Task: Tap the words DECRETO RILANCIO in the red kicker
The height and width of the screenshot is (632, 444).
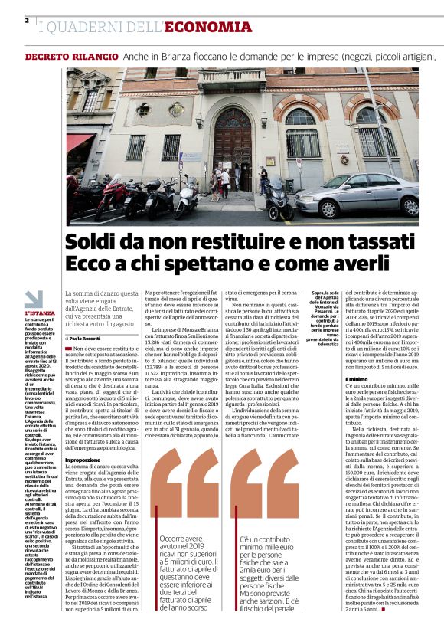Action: click(72, 57)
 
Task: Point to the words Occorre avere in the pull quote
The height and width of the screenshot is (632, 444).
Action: click(181, 517)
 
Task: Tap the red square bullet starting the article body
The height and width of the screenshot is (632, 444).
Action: click(68, 349)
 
